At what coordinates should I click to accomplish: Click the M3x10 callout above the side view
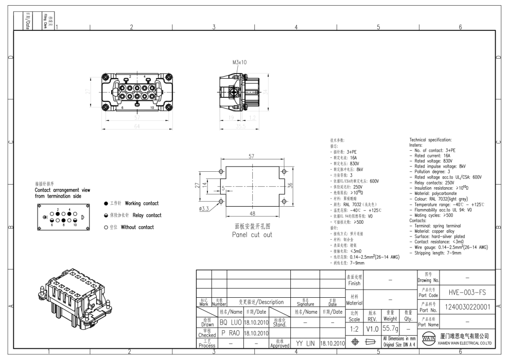240,62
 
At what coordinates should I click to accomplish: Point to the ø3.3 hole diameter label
204,208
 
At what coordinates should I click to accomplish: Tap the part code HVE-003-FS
465,292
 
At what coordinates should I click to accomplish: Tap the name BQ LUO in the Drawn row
231,323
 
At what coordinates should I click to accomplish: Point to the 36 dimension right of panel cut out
291,186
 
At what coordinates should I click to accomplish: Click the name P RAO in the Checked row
231,333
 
